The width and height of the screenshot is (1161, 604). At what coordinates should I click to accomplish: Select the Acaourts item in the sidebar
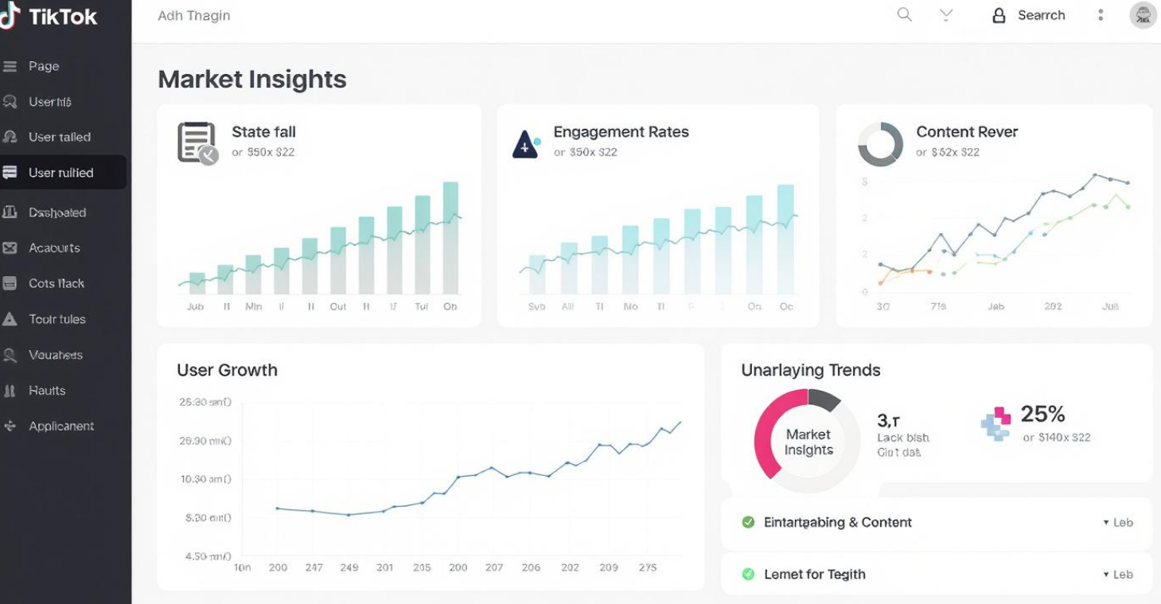(x=54, y=248)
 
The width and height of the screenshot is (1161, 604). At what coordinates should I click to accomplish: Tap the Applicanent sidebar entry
(x=60, y=427)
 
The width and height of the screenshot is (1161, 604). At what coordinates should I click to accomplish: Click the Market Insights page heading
(x=252, y=80)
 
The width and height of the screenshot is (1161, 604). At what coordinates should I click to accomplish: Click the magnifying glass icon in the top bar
(x=904, y=15)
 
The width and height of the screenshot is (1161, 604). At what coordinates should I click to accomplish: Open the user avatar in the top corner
(x=1143, y=15)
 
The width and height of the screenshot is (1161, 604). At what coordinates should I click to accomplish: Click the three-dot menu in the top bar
(x=1101, y=15)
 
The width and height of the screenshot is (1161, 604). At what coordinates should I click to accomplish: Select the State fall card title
(x=263, y=132)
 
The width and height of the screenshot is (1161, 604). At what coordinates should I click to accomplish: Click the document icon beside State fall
(x=197, y=142)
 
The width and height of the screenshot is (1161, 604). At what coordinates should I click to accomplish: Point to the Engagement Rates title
(x=621, y=132)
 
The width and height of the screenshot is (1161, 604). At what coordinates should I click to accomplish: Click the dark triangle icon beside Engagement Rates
(x=525, y=144)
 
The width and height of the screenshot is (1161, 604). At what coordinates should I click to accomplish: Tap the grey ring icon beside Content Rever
(x=880, y=144)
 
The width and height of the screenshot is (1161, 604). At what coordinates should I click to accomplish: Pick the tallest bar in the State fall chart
(x=450, y=238)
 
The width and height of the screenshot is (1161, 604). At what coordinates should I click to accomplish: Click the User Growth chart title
(x=227, y=370)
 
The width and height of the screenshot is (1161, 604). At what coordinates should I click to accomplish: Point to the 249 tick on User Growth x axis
(x=349, y=568)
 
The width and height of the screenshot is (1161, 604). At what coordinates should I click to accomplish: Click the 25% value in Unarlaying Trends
(x=1042, y=414)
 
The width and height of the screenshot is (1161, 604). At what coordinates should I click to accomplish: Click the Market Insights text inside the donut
(x=808, y=442)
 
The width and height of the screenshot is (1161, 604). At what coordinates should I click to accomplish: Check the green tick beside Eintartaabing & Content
(x=748, y=523)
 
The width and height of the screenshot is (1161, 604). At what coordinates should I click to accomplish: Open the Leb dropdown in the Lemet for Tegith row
(x=1118, y=575)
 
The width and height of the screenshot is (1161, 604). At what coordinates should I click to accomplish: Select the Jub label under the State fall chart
(x=195, y=307)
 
